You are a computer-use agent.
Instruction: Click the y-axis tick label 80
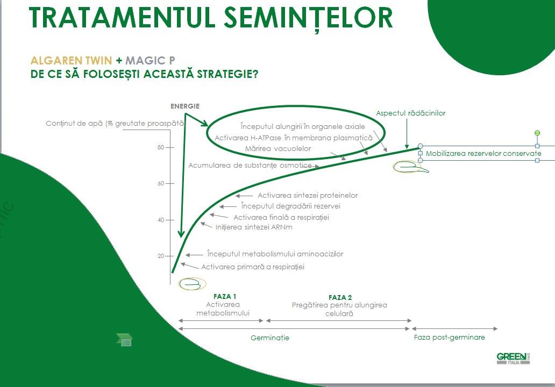tap(161, 147)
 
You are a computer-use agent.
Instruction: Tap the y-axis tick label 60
tap(161, 183)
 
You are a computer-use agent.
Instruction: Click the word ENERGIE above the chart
tap(185, 106)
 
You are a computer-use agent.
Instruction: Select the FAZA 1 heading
tap(225, 297)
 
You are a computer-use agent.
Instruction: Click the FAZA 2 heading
tap(340, 297)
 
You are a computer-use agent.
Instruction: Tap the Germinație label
tap(270, 338)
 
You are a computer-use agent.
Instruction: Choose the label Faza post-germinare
tap(449, 338)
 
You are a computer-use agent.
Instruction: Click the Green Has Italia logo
tap(513, 359)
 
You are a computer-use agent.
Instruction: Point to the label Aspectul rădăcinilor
tap(410, 113)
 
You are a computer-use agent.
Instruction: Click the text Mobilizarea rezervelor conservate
tap(483, 154)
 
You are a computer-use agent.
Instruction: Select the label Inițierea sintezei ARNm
tap(254, 227)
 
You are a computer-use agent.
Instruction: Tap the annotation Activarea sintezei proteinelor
tap(308, 195)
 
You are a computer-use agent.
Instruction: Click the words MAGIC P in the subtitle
tap(150, 61)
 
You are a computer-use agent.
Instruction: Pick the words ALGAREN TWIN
tap(71, 61)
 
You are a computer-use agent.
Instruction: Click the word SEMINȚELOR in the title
tap(308, 18)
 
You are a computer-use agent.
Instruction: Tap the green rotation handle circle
tap(537, 133)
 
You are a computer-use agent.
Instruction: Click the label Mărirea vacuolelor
tap(278, 149)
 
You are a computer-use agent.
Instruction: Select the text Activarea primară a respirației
tap(253, 267)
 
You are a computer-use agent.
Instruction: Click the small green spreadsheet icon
tap(124, 340)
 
